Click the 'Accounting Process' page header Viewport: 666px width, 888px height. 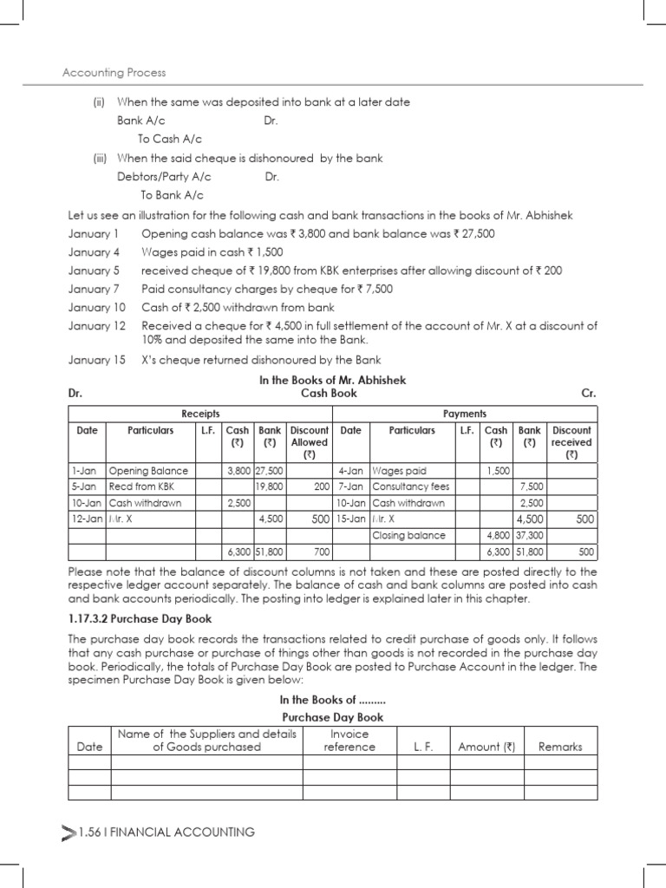pos(114,73)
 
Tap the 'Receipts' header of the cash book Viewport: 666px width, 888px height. pos(200,414)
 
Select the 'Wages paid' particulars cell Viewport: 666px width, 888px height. pos(399,470)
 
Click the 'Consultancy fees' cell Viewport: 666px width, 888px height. pos(411,486)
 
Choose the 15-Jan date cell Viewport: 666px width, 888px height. pos(351,519)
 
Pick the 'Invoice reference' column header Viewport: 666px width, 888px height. pos(349,740)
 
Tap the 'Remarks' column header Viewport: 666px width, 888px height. pos(560,747)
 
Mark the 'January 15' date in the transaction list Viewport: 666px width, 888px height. pos(96,360)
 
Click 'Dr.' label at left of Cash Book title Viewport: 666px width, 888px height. pos(75,393)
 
